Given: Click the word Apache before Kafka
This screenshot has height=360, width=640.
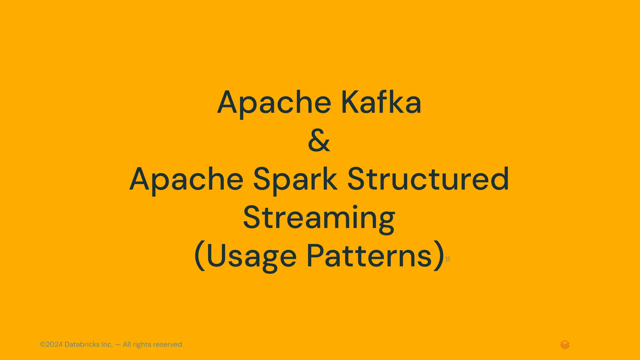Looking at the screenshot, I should pos(274,103).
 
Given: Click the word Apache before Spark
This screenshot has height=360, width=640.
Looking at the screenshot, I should pos(186,180).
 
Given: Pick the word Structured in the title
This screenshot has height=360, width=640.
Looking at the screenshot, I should pos(428,179).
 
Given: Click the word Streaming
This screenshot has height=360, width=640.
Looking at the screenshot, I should pos(319,218).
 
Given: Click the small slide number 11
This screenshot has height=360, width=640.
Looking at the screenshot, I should pos(447,259).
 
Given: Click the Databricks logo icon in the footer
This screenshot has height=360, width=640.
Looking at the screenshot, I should pos(565,345).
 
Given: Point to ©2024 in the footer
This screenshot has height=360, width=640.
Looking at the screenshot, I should pos(51,344).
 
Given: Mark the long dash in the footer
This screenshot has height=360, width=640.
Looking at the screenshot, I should pos(118,345).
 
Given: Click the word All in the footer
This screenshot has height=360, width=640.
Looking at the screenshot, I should pos(127,344).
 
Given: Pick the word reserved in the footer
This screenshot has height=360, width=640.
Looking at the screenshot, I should pos(167,344).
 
